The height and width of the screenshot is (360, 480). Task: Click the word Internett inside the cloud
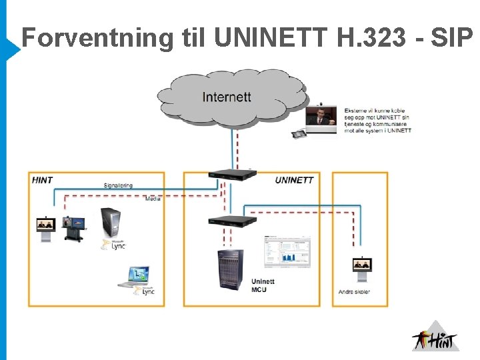point(227,97)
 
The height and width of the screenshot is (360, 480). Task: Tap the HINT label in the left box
point(42,180)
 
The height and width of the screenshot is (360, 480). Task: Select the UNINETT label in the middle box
point(294,180)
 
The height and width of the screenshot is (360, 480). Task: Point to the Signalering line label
point(118,185)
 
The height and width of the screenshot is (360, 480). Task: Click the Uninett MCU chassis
point(230,270)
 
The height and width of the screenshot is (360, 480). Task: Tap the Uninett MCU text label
point(263,285)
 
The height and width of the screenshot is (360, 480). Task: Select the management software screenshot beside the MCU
point(287,252)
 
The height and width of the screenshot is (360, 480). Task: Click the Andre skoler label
point(354,292)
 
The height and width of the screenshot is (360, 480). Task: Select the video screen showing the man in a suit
point(321,117)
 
